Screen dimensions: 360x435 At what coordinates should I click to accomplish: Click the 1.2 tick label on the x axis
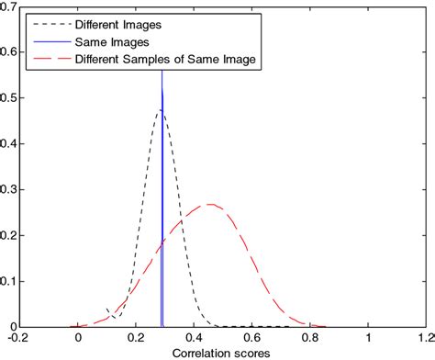(x=424, y=338)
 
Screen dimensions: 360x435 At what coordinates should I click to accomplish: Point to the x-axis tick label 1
(x=368, y=338)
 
